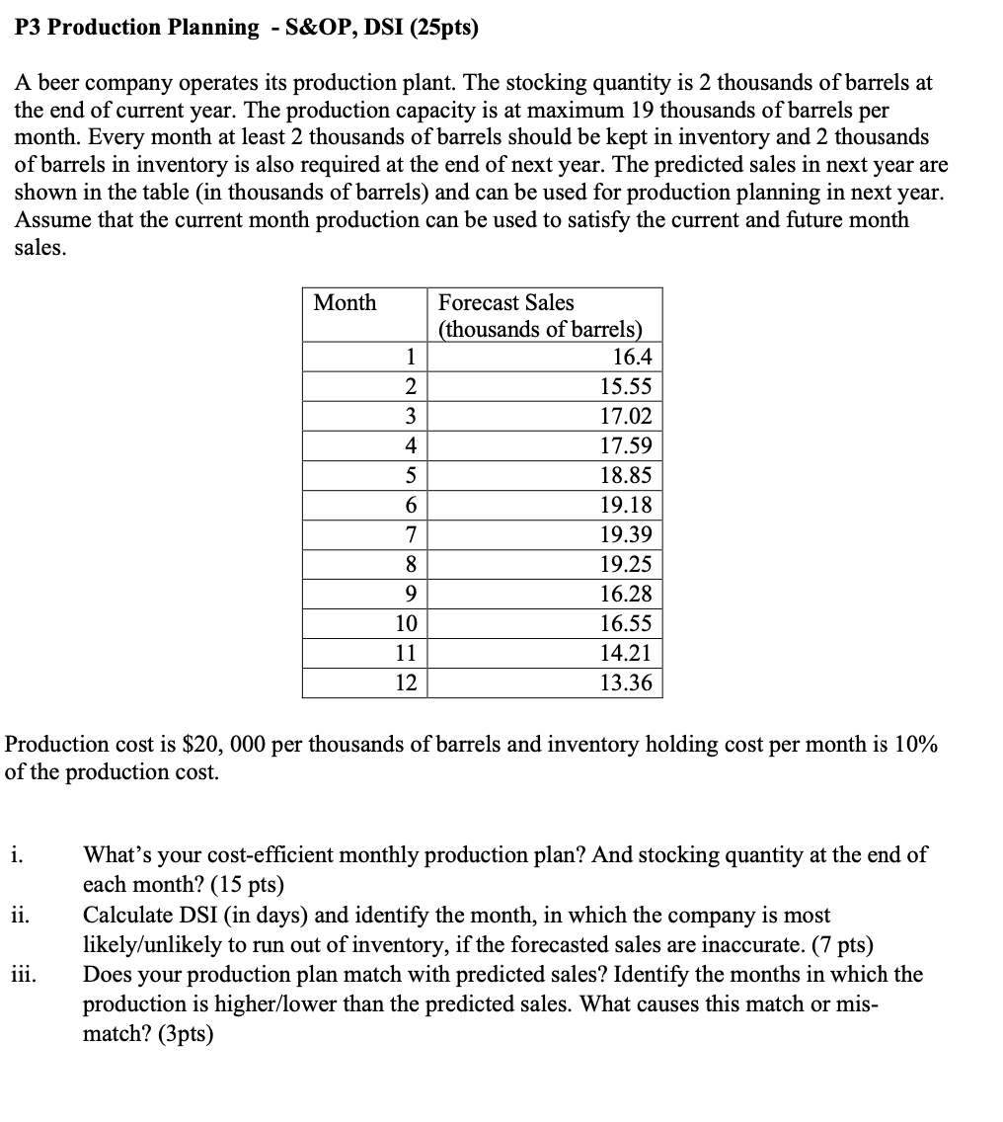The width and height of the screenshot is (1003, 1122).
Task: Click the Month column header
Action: pos(345,303)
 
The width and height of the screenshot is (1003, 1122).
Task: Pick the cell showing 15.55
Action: pos(626,386)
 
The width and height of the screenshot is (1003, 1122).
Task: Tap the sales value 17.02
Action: pos(626,416)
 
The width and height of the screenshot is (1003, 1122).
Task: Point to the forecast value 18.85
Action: pos(626,475)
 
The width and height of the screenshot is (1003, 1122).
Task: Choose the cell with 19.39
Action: pos(626,534)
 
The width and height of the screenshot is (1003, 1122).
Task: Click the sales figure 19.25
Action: pos(626,564)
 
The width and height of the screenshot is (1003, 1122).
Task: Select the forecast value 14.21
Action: pos(626,653)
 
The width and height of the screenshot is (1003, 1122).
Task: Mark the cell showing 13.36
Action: pos(626,682)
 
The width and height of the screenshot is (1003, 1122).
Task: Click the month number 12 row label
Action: pos(406,682)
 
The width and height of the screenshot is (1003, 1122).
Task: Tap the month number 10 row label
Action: pos(406,623)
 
